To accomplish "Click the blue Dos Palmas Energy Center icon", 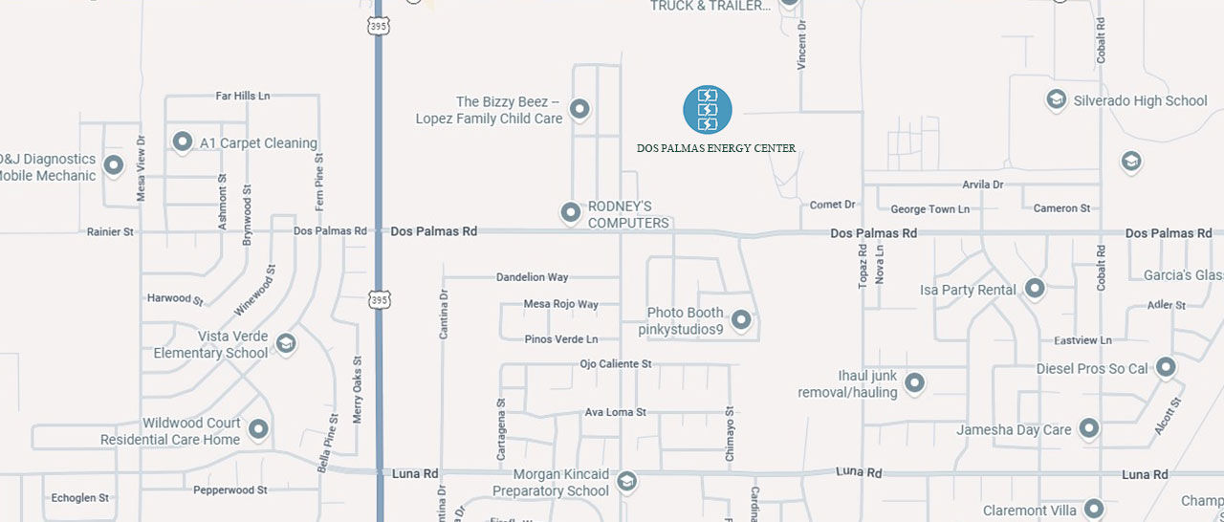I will pos(708,109).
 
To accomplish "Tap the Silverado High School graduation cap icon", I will pos(1056,100).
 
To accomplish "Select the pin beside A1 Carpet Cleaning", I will pos(183,142).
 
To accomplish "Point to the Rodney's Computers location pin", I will pos(571,212).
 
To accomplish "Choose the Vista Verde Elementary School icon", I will pos(285,343).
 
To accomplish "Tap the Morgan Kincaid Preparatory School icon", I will pos(626,481).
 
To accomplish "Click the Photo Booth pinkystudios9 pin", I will pos(741,320).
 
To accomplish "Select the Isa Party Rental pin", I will pos(1035,289).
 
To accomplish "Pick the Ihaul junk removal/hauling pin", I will pos(914,383).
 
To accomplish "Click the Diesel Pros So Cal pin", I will pos(1166,368).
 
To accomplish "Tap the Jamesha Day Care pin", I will pos(1089,429).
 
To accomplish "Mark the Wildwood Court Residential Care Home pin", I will pos(258,429).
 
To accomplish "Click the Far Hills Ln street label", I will pos(243,96).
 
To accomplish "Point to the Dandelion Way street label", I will pos(532,277).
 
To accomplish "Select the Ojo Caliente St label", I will pos(616,364).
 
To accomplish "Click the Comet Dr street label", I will pos(832,205).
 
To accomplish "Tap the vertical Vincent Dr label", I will pos(802,45).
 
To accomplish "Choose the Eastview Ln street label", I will pos(1082,340).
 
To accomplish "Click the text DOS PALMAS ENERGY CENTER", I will pos(716,148).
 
